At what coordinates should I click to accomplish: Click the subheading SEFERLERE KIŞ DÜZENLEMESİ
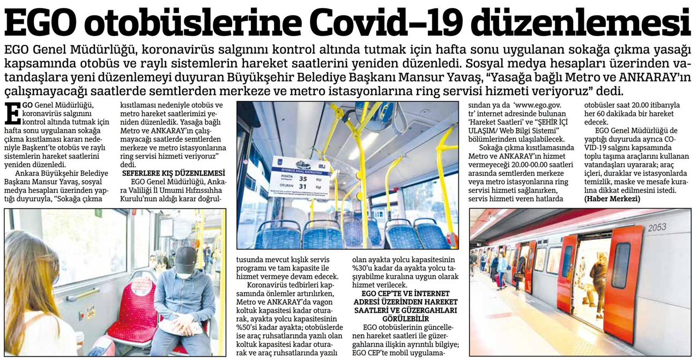coord(173,174)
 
